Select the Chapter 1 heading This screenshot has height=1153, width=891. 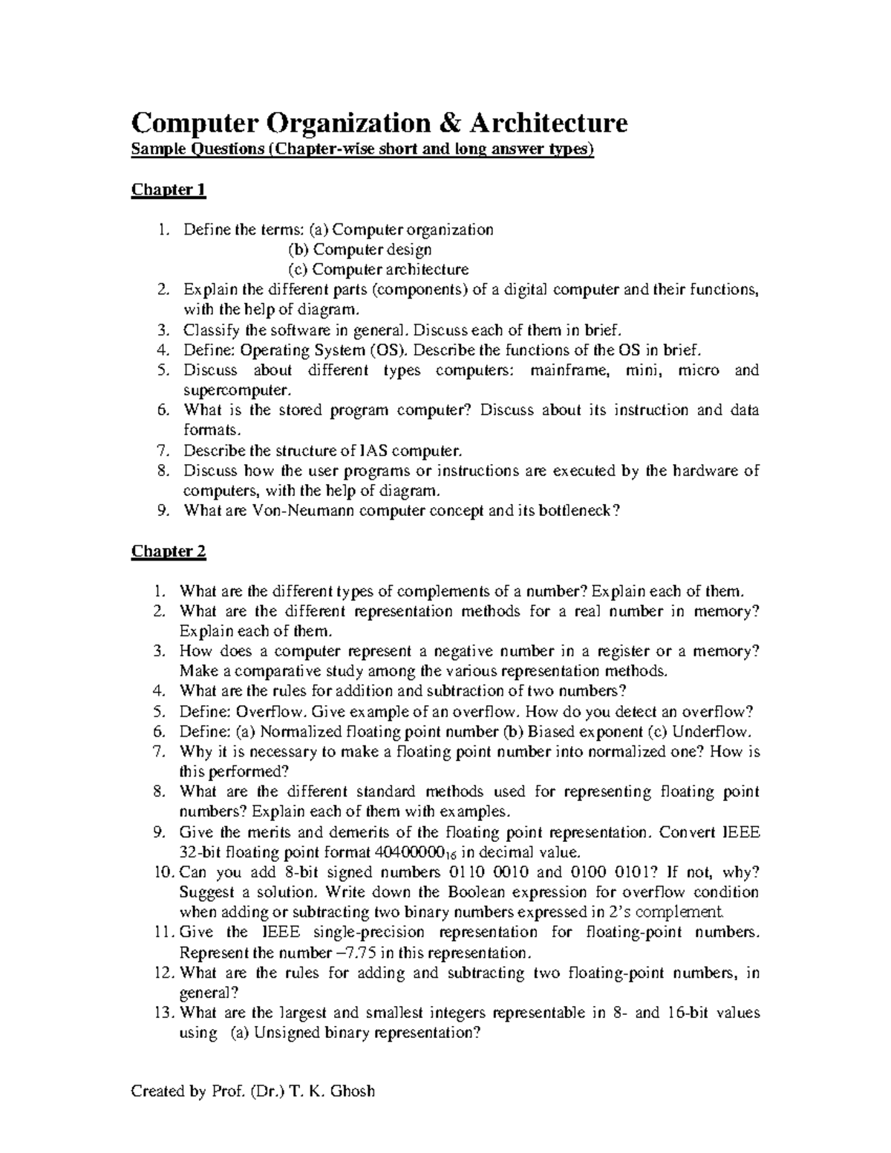169,190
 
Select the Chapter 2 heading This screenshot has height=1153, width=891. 169,552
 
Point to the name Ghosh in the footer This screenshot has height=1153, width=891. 352,1091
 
